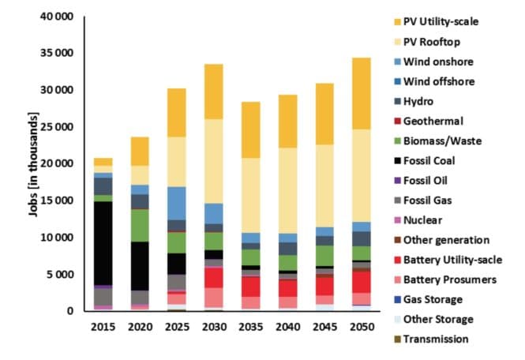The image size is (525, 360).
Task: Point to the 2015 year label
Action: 103,326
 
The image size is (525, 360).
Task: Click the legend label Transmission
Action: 436,339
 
